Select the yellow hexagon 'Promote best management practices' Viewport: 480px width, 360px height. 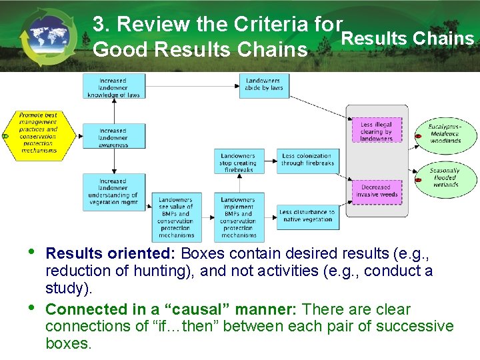(x=38, y=133)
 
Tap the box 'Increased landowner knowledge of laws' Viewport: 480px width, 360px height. (x=114, y=87)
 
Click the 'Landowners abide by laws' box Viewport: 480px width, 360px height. (x=264, y=85)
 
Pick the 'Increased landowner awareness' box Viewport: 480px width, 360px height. (x=113, y=135)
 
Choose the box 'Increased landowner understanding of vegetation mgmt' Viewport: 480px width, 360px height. (x=113, y=191)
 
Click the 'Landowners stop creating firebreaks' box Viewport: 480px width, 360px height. (x=238, y=161)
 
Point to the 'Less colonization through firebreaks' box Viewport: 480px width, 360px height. (x=307, y=161)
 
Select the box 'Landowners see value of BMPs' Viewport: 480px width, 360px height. (x=176, y=217)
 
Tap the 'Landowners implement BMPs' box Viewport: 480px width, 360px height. (x=238, y=217)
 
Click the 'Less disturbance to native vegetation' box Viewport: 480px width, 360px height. (x=307, y=215)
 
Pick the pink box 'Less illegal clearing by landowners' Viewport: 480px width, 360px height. (x=377, y=132)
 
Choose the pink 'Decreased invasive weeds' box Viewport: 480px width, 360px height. (x=377, y=191)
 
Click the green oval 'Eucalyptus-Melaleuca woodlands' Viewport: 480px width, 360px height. (x=444, y=134)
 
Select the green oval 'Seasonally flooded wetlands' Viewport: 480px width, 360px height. (x=444, y=177)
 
